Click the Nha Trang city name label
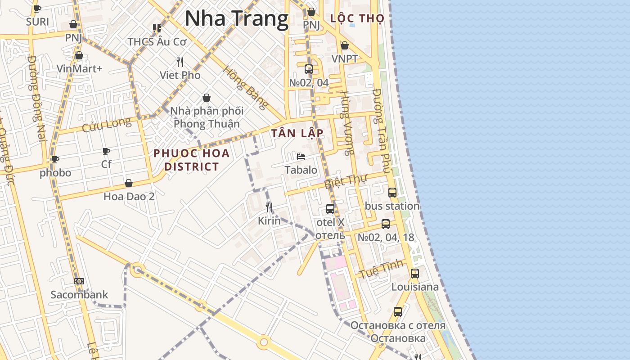coord(236,19)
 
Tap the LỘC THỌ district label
coord(357,18)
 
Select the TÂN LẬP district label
coord(297,133)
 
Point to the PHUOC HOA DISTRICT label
coord(192,160)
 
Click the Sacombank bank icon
coord(79,281)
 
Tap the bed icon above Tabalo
coord(301,157)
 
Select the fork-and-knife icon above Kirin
coord(269,207)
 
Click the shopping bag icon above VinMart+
coord(79,55)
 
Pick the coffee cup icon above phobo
coord(55,159)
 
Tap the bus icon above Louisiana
coord(414,273)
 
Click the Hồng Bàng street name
coord(246,88)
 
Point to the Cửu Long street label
coord(107,125)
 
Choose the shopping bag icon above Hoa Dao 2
coord(129,183)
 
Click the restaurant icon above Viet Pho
coord(180,62)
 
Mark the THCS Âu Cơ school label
coord(157,41)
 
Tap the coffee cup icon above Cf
coord(106,151)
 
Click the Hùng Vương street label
coord(346,123)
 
